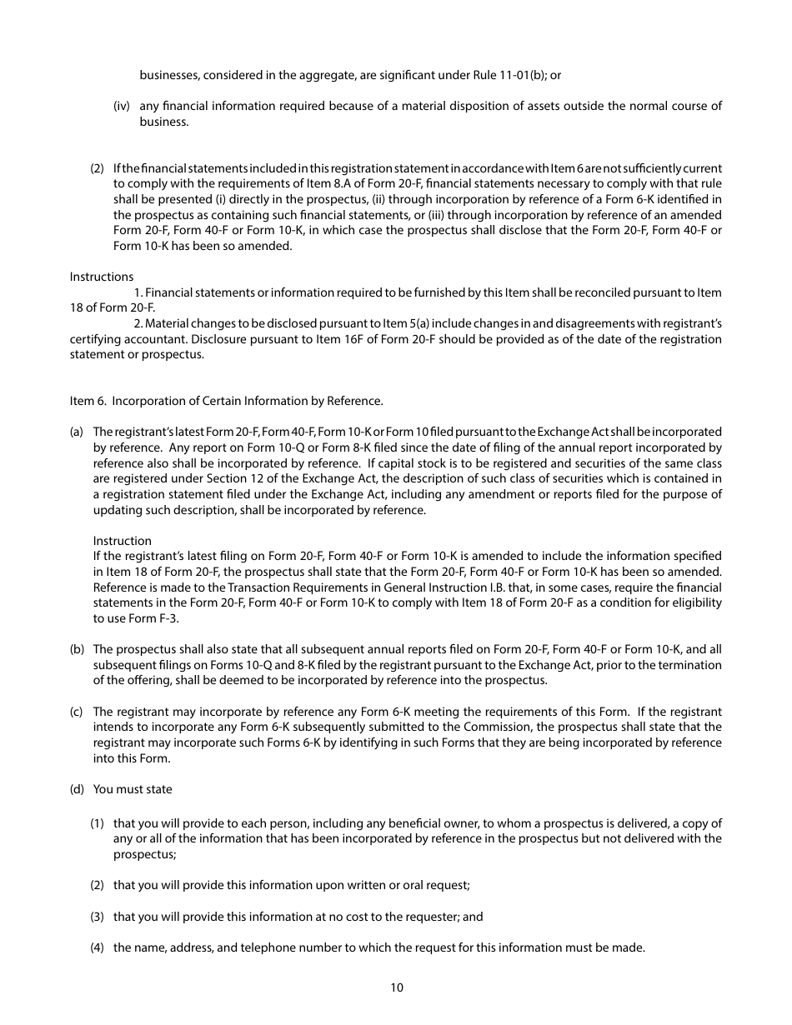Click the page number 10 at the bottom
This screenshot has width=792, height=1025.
point(396,987)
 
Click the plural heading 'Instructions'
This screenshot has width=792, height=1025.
point(101,277)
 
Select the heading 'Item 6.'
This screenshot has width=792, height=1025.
point(88,401)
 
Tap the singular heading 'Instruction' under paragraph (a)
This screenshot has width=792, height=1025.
point(123,541)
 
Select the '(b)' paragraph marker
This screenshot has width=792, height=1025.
point(77,649)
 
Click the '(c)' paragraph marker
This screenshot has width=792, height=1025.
point(77,712)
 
